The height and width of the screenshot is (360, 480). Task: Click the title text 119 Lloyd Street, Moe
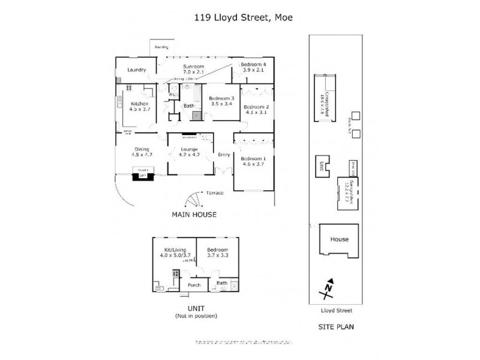[x=240, y=18]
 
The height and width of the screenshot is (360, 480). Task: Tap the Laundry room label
[x=137, y=70]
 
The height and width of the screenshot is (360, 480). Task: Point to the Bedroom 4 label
[x=253, y=67]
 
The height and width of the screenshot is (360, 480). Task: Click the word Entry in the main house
[x=224, y=155]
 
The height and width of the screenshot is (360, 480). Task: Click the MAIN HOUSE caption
[x=193, y=214]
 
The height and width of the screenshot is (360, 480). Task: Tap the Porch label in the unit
[x=194, y=285]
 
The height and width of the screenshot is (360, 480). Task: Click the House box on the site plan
[x=339, y=239]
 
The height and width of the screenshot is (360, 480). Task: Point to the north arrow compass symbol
[x=329, y=290]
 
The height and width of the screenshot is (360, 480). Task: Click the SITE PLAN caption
[x=336, y=327]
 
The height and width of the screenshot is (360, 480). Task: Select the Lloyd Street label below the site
[x=337, y=311]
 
